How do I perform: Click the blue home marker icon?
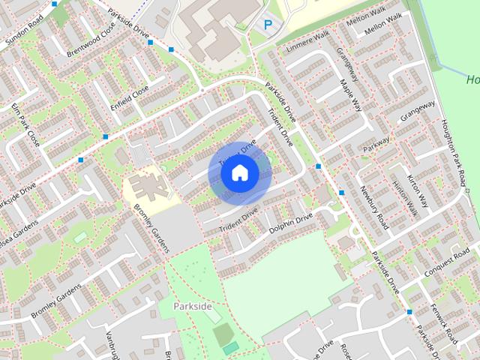[x=239, y=173]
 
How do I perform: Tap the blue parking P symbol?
[x=268, y=25]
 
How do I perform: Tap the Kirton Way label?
[x=417, y=190]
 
